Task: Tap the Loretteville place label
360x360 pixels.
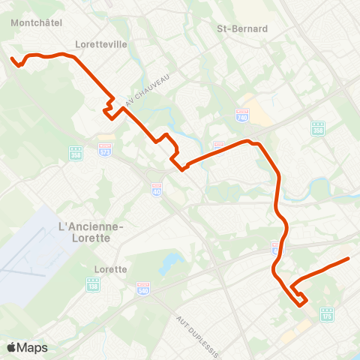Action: tap(101, 44)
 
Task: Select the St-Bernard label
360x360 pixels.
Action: tap(241, 29)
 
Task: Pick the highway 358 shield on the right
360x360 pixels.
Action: tap(318, 128)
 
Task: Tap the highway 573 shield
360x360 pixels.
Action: tap(104, 150)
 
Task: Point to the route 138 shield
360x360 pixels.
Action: tap(93, 285)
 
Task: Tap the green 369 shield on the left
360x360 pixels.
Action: tap(76, 153)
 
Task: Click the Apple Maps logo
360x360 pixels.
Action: tap(28, 347)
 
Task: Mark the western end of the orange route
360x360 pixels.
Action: tap(11, 58)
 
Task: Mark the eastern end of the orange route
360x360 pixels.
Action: tap(349, 259)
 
